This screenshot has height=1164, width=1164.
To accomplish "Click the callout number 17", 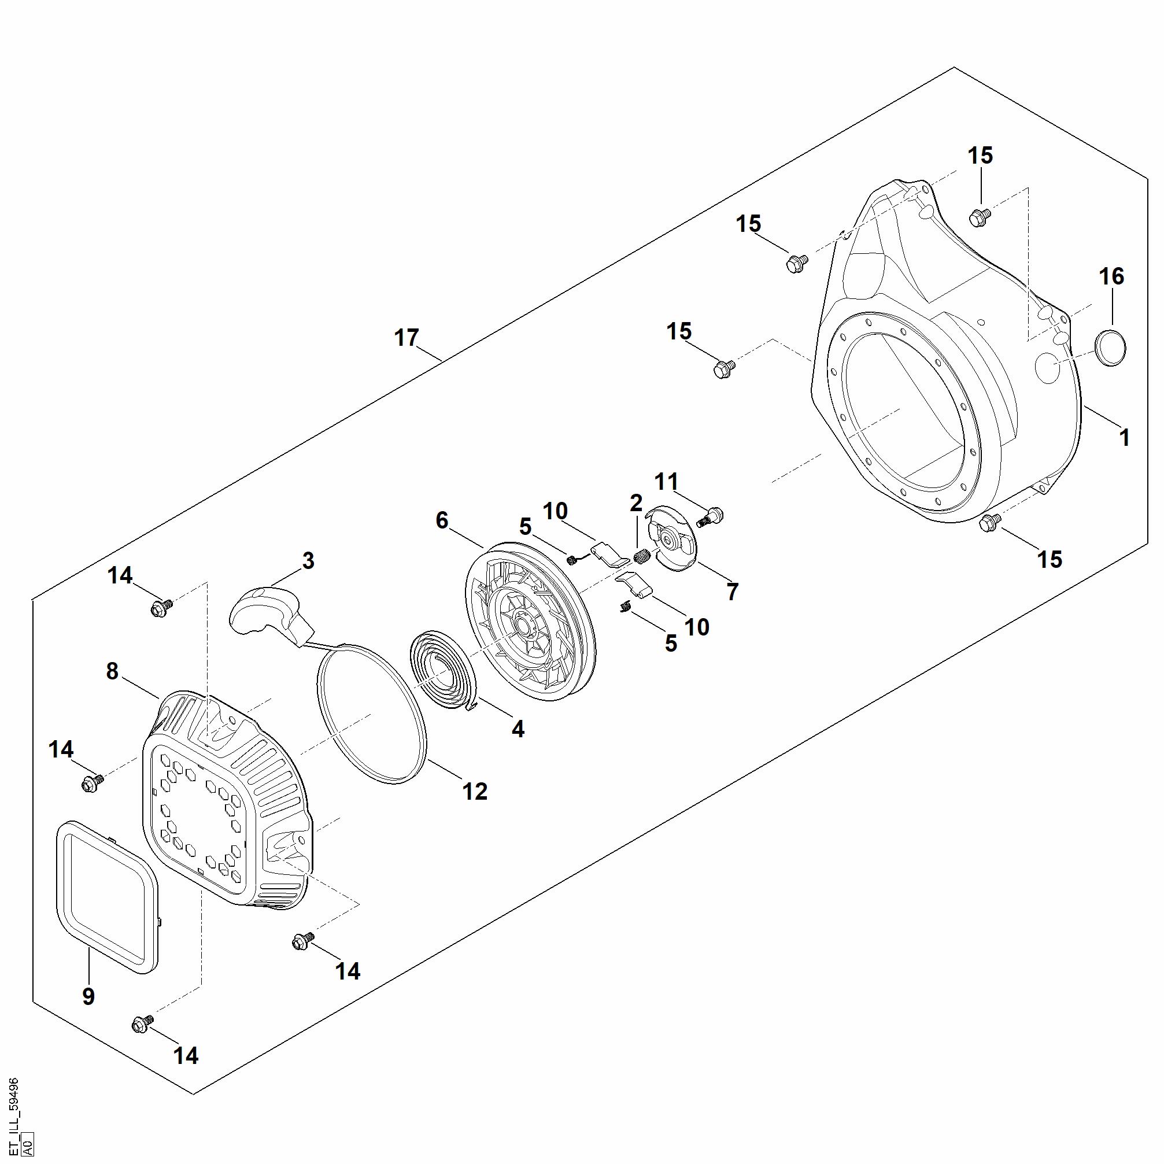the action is click(x=407, y=338).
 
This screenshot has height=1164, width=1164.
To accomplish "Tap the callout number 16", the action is click(x=1111, y=276).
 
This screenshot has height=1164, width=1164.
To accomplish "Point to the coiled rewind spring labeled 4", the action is click(x=444, y=671).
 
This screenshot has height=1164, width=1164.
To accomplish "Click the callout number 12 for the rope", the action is click(x=475, y=792).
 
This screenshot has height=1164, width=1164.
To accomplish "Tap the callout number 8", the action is click(x=112, y=671).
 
